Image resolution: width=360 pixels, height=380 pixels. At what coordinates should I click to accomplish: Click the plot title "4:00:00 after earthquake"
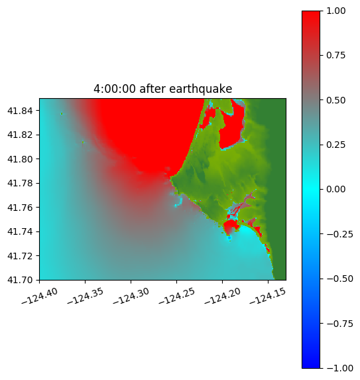[x=163, y=89]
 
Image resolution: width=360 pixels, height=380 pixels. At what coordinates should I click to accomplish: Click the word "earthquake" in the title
[x=201, y=89]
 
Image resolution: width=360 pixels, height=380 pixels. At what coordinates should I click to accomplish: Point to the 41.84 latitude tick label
[x=20, y=111]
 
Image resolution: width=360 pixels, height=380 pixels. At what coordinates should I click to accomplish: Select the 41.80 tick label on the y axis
[x=20, y=159]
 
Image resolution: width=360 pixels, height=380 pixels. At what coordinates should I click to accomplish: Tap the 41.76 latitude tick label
[x=20, y=208]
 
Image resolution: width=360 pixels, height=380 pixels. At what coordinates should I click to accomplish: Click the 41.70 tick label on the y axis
[x=20, y=280]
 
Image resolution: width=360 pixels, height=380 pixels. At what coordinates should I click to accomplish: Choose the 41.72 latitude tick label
[x=20, y=256]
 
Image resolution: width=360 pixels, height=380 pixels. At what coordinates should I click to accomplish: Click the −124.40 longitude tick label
[x=40, y=296]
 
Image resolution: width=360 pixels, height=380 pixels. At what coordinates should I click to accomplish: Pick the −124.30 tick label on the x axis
[x=131, y=296]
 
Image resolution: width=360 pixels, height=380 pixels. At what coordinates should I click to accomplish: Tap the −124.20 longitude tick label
[x=222, y=296]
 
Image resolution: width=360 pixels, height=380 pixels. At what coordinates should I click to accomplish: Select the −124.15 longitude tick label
[x=267, y=296]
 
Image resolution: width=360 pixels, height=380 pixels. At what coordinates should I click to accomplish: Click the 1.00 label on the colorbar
[x=335, y=11]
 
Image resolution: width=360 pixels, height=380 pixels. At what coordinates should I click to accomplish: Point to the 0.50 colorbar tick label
[x=335, y=100]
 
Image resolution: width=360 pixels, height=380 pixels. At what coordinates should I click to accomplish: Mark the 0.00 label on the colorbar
[x=335, y=189]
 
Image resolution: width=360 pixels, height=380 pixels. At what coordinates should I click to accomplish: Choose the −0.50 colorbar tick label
[x=339, y=279]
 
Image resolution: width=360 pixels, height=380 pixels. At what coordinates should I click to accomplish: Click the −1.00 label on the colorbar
[x=339, y=368]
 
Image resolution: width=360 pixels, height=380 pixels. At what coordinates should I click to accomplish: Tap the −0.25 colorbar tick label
[x=339, y=234]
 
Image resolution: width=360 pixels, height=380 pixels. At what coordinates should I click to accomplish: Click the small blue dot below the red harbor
[x=229, y=238]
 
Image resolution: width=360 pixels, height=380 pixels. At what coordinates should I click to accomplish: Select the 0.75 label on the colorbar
[x=335, y=56]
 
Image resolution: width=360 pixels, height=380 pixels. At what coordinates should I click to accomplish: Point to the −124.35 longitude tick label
[x=85, y=296]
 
